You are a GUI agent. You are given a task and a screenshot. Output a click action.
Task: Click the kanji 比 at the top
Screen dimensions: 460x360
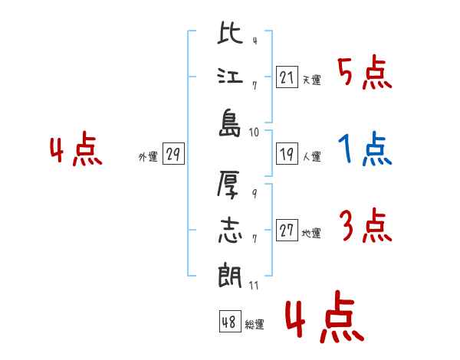230,33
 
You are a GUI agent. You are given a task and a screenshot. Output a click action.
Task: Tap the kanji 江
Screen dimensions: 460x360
230,77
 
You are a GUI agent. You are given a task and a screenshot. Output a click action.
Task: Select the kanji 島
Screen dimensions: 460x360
230,123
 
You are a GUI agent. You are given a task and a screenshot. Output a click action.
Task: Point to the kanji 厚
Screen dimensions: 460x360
228,185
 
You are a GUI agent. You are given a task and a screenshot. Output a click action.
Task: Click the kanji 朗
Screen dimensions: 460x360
230,275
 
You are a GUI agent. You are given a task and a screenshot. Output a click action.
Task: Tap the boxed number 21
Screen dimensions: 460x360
287,77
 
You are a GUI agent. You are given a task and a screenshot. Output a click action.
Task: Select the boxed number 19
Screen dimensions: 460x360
287,154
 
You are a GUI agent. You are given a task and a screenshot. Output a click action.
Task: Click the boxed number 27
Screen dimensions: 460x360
287,231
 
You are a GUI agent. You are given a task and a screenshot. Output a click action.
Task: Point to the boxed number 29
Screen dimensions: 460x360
173,154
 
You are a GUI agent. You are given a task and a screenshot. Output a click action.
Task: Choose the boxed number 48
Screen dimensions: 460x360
230,322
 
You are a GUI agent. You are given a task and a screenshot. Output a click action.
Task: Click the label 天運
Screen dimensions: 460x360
312,80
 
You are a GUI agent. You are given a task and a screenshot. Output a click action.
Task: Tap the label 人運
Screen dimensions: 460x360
312,156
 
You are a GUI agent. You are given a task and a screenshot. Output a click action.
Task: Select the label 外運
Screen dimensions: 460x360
148,156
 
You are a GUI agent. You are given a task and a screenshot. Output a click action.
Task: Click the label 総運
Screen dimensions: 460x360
255,324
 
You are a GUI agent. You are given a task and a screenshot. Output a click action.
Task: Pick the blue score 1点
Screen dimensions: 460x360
365,149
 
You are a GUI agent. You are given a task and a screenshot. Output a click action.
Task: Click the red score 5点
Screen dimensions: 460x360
365,73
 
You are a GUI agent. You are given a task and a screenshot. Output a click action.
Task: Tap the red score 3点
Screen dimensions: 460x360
366,225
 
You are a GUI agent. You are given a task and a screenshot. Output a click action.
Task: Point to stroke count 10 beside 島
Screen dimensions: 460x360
254,133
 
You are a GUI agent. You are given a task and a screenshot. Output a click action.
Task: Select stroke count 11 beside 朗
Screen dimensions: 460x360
254,286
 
